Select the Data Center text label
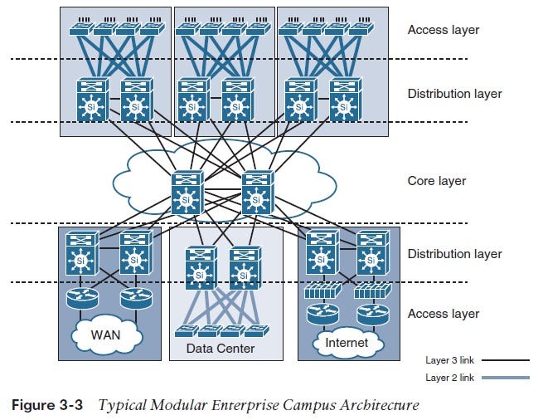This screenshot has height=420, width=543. click(x=221, y=349)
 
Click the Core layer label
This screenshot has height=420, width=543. click(x=436, y=181)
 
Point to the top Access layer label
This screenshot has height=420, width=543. click(x=443, y=30)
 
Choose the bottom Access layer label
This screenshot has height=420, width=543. click(x=443, y=314)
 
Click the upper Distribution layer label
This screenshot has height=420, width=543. click(x=454, y=94)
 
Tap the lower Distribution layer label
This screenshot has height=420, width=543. click(x=454, y=253)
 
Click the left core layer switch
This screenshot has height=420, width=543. click(x=187, y=193)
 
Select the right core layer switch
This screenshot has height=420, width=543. click(x=257, y=193)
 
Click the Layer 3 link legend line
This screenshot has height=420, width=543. click(x=503, y=361)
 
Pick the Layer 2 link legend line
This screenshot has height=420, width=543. click(x=503, y=378)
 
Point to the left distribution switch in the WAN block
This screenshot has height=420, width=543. click(x=81, y=253)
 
